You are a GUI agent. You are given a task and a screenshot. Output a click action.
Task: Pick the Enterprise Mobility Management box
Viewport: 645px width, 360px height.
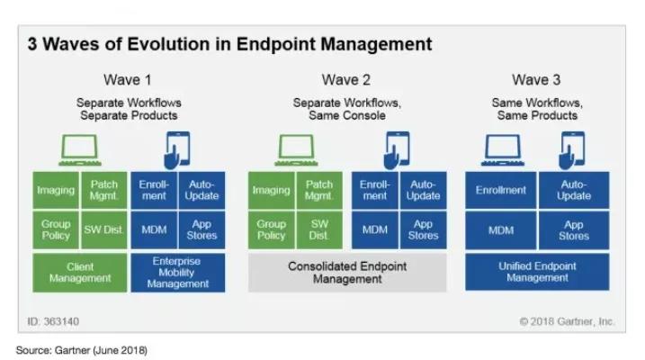point(177,272)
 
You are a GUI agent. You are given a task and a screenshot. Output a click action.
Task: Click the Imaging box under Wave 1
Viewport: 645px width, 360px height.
point(56,190)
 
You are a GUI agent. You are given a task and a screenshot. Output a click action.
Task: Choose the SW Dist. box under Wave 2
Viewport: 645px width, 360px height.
point(319,229)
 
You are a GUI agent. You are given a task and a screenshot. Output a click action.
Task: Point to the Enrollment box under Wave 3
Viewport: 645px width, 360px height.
point(500,190)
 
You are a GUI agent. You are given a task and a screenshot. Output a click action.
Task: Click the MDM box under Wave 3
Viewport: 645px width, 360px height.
point(500,229)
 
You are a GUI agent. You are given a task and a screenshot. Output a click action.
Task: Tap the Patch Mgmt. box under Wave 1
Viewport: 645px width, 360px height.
point(104,190)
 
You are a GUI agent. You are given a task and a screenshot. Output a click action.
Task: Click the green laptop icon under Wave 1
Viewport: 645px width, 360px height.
point(77,148)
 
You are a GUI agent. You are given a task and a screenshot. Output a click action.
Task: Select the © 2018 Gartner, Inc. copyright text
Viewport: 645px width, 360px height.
point(566,320)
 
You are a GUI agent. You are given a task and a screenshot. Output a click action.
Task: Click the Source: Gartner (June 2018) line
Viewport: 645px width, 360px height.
point(81,348)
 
